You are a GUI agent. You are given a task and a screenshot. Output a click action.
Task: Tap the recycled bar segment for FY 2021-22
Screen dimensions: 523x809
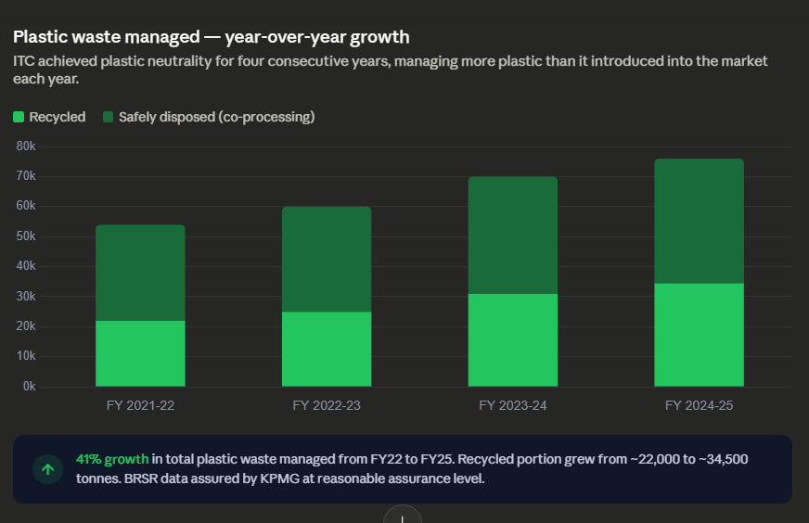pyautogui.click(x=140, y=353)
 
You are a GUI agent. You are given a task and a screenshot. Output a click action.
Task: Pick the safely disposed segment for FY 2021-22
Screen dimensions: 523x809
pyautogui.click(x=140, y=273)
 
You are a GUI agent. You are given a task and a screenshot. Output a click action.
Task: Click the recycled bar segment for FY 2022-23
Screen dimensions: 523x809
pyautogui.click(x=327, y=349)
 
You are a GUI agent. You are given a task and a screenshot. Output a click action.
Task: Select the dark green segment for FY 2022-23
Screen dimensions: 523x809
pyautogui.click(x=327, y=260)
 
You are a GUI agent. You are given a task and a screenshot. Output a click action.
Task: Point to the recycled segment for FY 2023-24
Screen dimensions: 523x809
pyautogui.click(x=512, y=339)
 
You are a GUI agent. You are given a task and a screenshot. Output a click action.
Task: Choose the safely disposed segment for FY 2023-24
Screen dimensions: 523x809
pyautogui.click(x=512, y=236)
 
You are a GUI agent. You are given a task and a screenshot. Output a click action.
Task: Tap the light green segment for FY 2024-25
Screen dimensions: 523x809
pyautogui.click(x=699, y=335)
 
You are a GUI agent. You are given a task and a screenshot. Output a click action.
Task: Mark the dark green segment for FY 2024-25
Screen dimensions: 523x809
pyautogui.click(x=699, y=221)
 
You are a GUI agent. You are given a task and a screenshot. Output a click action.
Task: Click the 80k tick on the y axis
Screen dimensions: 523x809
pyautogui.click(x=26, y=147)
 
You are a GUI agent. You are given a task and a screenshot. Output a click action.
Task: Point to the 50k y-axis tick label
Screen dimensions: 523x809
pyautogui.click(x=26, y=236)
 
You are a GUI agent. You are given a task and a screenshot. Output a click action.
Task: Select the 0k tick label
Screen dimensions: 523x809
pyautogui.click(x=29, y=387)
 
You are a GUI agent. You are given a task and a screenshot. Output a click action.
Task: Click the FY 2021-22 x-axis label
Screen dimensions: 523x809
pyautogui.click(x=140, y=405)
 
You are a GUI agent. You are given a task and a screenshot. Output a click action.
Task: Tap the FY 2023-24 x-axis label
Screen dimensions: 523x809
pyautogui.click(x=512, y=405)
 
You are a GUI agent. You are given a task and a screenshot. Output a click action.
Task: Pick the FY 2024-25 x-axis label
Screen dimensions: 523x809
pyautogui.click(x=699, y=405)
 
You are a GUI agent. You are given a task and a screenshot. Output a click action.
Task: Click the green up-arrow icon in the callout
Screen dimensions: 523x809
pyautogui.click(x=47, y=469)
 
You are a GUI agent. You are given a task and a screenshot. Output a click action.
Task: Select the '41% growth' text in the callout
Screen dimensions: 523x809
pyautogui.click(x=111, y=460)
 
